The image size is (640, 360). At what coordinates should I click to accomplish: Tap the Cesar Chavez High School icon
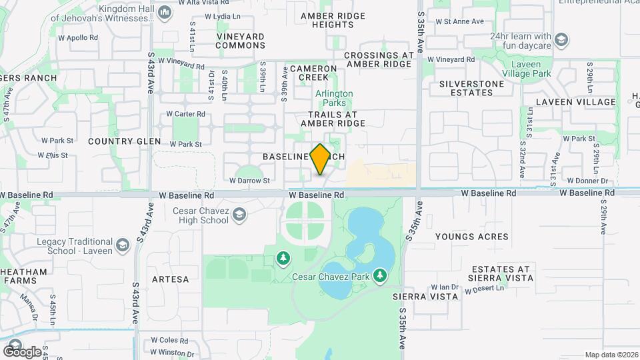click(x=239, y=215)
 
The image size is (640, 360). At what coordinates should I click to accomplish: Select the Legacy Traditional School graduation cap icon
click(x=122, y=246)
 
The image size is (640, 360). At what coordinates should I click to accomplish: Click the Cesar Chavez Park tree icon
click(x=380, y=275)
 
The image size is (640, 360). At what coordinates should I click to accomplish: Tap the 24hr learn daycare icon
click(x=561, y=40)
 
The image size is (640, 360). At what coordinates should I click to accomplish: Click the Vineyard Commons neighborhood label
click(x=241, y=41)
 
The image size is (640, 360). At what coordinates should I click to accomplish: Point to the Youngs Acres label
click(x=471, y=237)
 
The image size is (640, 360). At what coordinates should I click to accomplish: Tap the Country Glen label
click(x=125, y=141)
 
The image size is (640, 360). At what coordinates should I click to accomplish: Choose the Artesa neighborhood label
click(x=171, y=279)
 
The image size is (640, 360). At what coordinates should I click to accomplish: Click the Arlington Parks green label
click(x=334, y=99)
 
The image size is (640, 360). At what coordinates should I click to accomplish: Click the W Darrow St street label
click(x=249, y=180)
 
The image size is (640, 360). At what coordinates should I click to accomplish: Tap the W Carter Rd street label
click(x=185, y=114)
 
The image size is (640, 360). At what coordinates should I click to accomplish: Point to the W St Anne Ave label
click(x=459, y=21)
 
